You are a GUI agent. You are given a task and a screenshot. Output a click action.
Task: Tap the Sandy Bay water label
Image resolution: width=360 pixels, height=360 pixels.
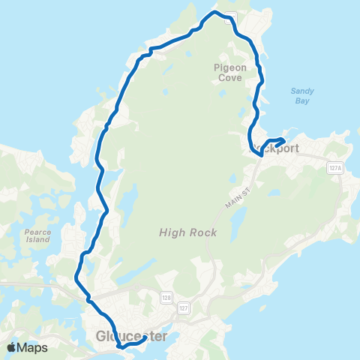click(x=302, y=96)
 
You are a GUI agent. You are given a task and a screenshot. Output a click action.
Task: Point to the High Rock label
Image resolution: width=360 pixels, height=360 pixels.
click(x=187, y=232)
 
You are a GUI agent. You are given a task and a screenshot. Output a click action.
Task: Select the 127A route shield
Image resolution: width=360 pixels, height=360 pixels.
click(x=334, y=169)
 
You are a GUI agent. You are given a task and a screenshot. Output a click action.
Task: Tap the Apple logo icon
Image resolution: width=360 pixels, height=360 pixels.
click(x=11, y=347)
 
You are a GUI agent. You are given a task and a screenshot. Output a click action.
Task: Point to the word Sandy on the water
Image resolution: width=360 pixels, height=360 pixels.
click(x=302, y=91)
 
